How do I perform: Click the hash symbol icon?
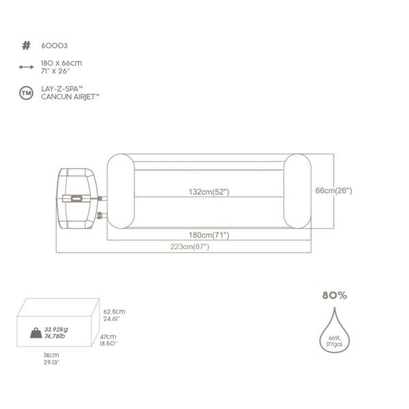pos(26,46)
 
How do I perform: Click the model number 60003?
pos(55,46)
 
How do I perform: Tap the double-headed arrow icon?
pos(26,67)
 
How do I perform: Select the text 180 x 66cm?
pos(61,63)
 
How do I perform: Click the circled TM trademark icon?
pos(26,93)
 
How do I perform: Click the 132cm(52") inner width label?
pos(209,192)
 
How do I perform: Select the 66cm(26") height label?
pos(334,191)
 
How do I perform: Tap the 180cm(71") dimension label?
pos(209,235)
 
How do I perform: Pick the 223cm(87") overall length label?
pos(190,246)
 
